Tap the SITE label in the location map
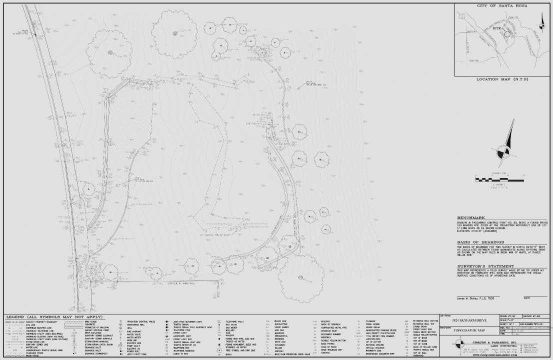[x=497, y=29]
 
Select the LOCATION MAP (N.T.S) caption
[x=502, y=79]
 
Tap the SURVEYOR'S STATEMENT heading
[x=485, y=266]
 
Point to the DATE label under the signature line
[x=527, y=298]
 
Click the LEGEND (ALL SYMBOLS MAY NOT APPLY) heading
[x=53, y=317]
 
